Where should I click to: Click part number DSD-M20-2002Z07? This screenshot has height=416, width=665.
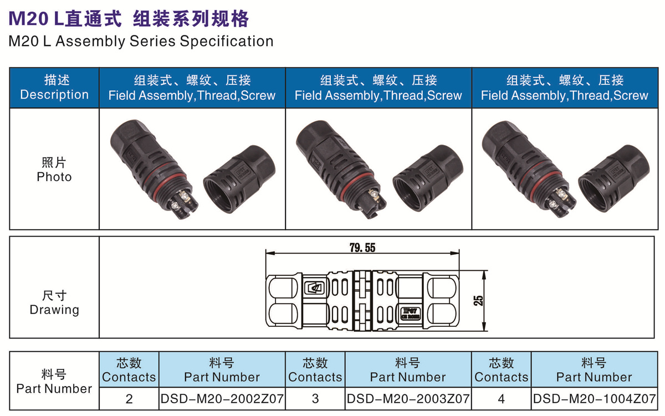pyautogui.click(x=222, y=399)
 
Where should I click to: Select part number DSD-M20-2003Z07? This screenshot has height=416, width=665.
pyautogui.click(x=408, y=399)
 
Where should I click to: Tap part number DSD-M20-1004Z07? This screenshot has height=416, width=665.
pyautogui.click(x=594, y=399)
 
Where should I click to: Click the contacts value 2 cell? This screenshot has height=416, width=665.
pyautogui.click(x=129, y=399)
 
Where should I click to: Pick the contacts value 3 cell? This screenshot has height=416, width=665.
pyautogui.click(x=315, y=399)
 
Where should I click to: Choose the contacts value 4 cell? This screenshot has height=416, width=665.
pyautogui.click(x=502, y=399)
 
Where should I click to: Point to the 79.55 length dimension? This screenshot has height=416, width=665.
pyautogui.click(x=362, y=248)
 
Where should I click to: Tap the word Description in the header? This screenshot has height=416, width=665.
pyautogui.click(x=54, y=95)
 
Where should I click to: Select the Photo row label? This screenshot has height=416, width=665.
pyautogui.click(x=54, y=177)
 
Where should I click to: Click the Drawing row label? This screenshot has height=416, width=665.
pyautogui.click(x=54, y=310)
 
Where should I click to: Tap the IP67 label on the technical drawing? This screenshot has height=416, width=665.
pyautogui.click(x=410, y=311)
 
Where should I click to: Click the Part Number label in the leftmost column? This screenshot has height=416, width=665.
pyautogui.click(x=54, y=389)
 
